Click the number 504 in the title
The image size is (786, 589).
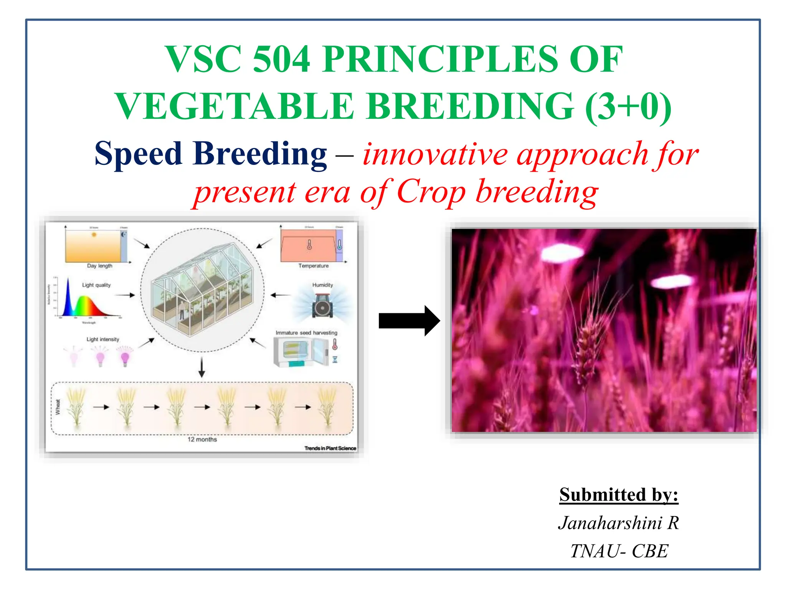[x=281, y=59]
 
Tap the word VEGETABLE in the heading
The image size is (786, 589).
[x=234, y=107]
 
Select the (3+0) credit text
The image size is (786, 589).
[x=629, y=107]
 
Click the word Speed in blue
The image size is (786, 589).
[x=138, y=154]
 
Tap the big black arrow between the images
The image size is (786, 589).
[x=409, y=321]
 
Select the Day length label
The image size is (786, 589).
[x=99, y=266]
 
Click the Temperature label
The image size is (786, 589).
[x=314, y=266]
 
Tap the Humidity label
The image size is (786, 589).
[x=322, y=285]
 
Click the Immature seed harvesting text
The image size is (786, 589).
[x=306, y=333]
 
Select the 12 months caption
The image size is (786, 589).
[x=202, y=439]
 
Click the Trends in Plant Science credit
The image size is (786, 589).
[x=330, y=448]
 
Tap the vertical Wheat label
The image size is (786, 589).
[x=58, y=407]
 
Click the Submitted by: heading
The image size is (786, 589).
[x=619, y=495]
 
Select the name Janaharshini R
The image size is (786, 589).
[x=619, y=523]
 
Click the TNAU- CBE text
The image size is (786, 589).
[x=619, y=551]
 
